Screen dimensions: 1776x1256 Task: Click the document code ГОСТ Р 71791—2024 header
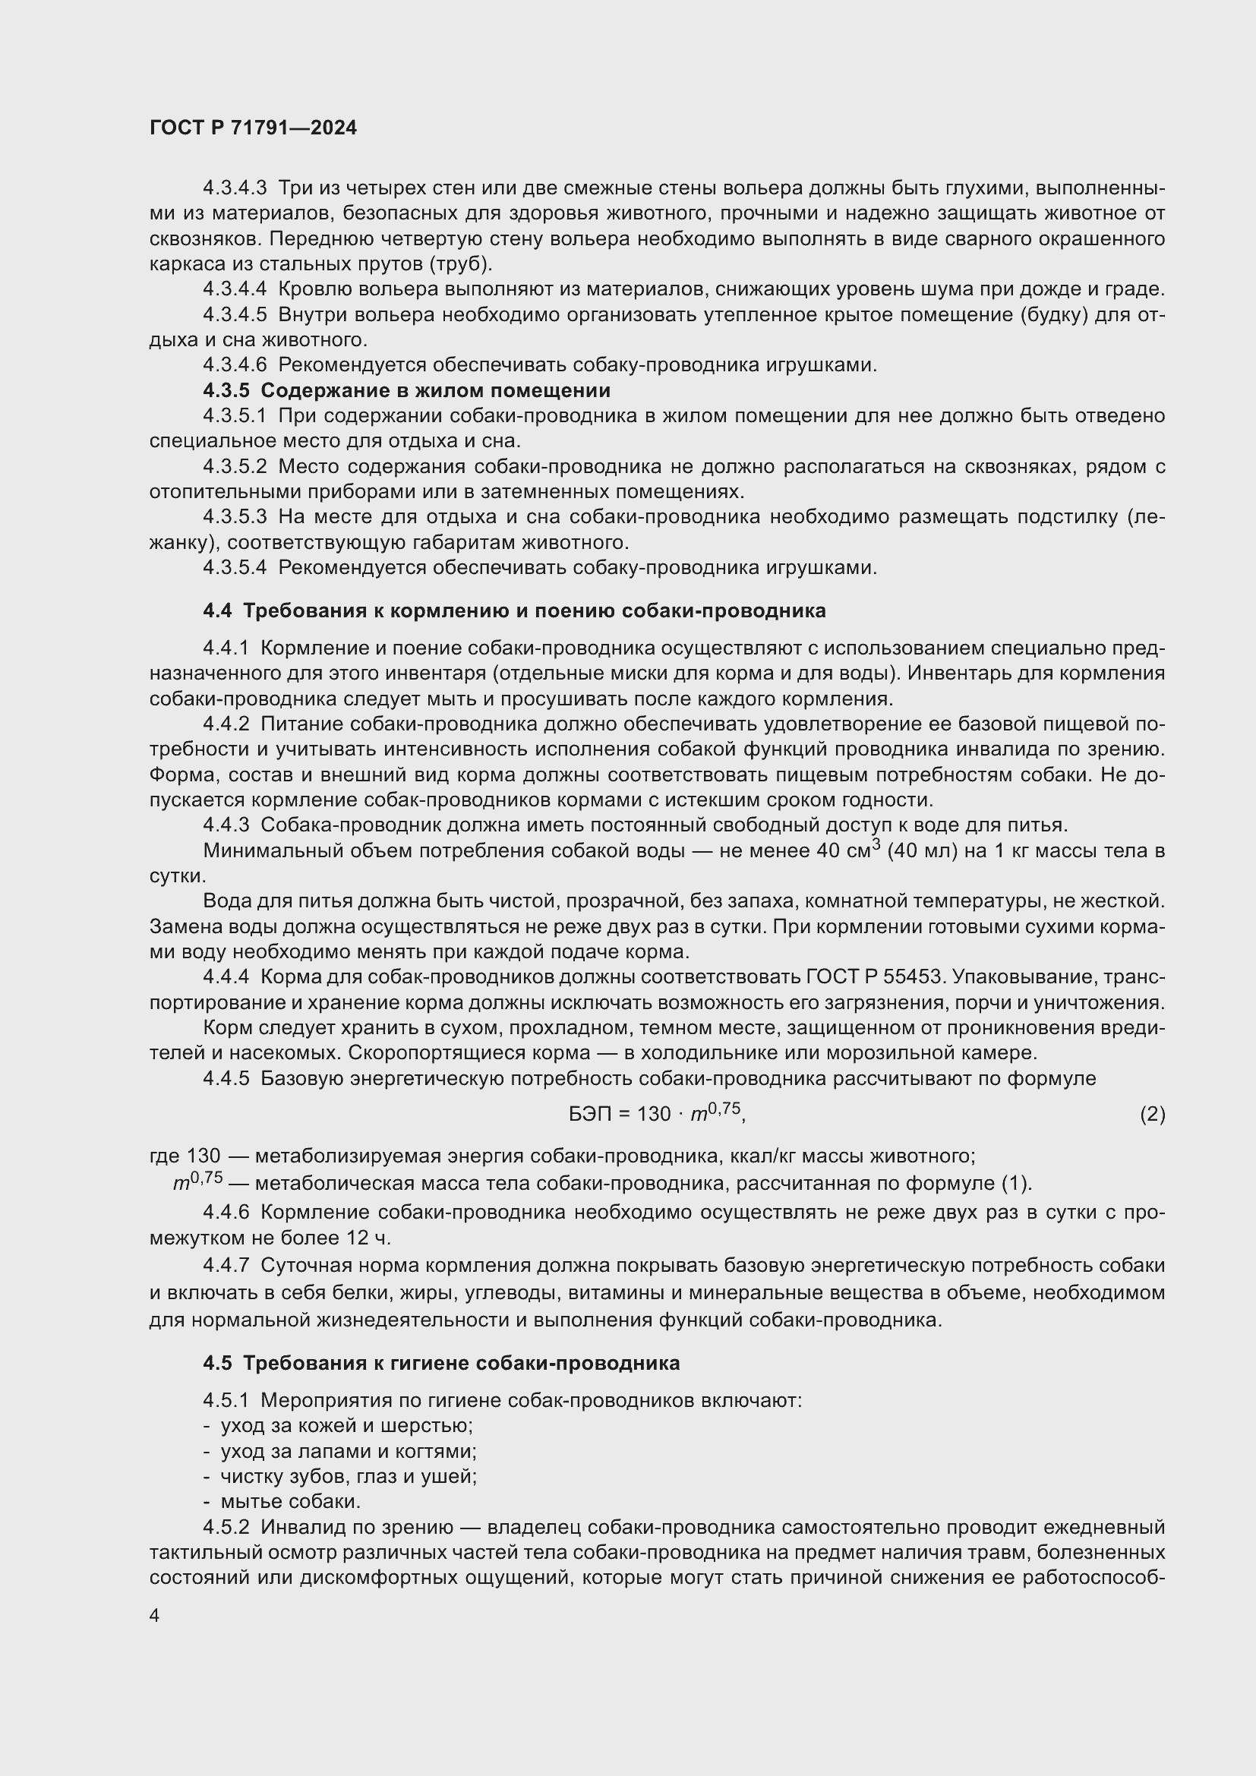pyautogui.click(x=253, y=128)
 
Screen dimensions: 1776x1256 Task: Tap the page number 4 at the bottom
pyautogui.click(x=155, y=1616)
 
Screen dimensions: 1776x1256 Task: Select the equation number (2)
pyautogui.click(x=1152, y=1114)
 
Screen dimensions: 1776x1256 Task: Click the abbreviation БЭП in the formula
pyautogui.click(x=589, y=1114)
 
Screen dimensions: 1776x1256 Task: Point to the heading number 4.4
pyautogui.click(x=217, y=611)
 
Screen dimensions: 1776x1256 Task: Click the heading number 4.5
pyautogui.click(x=217, y=1363)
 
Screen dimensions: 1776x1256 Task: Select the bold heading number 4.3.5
pyautogui.click(x=226, y=390)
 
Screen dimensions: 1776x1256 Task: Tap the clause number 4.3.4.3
pyautogui.click(x=235, y=188)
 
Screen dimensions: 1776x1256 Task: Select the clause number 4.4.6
pyautogui.click(x=226, y=1212)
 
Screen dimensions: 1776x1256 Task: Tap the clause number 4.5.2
pyautogui.click(x=226, y=1528)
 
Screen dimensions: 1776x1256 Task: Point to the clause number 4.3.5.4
pyautogui.click(x=235, y=568)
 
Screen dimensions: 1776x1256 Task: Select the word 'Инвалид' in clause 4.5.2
pyautogui.click(x=301, y=1528)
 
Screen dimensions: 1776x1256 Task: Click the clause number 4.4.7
pyautogui.click(x=226, y=1266)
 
